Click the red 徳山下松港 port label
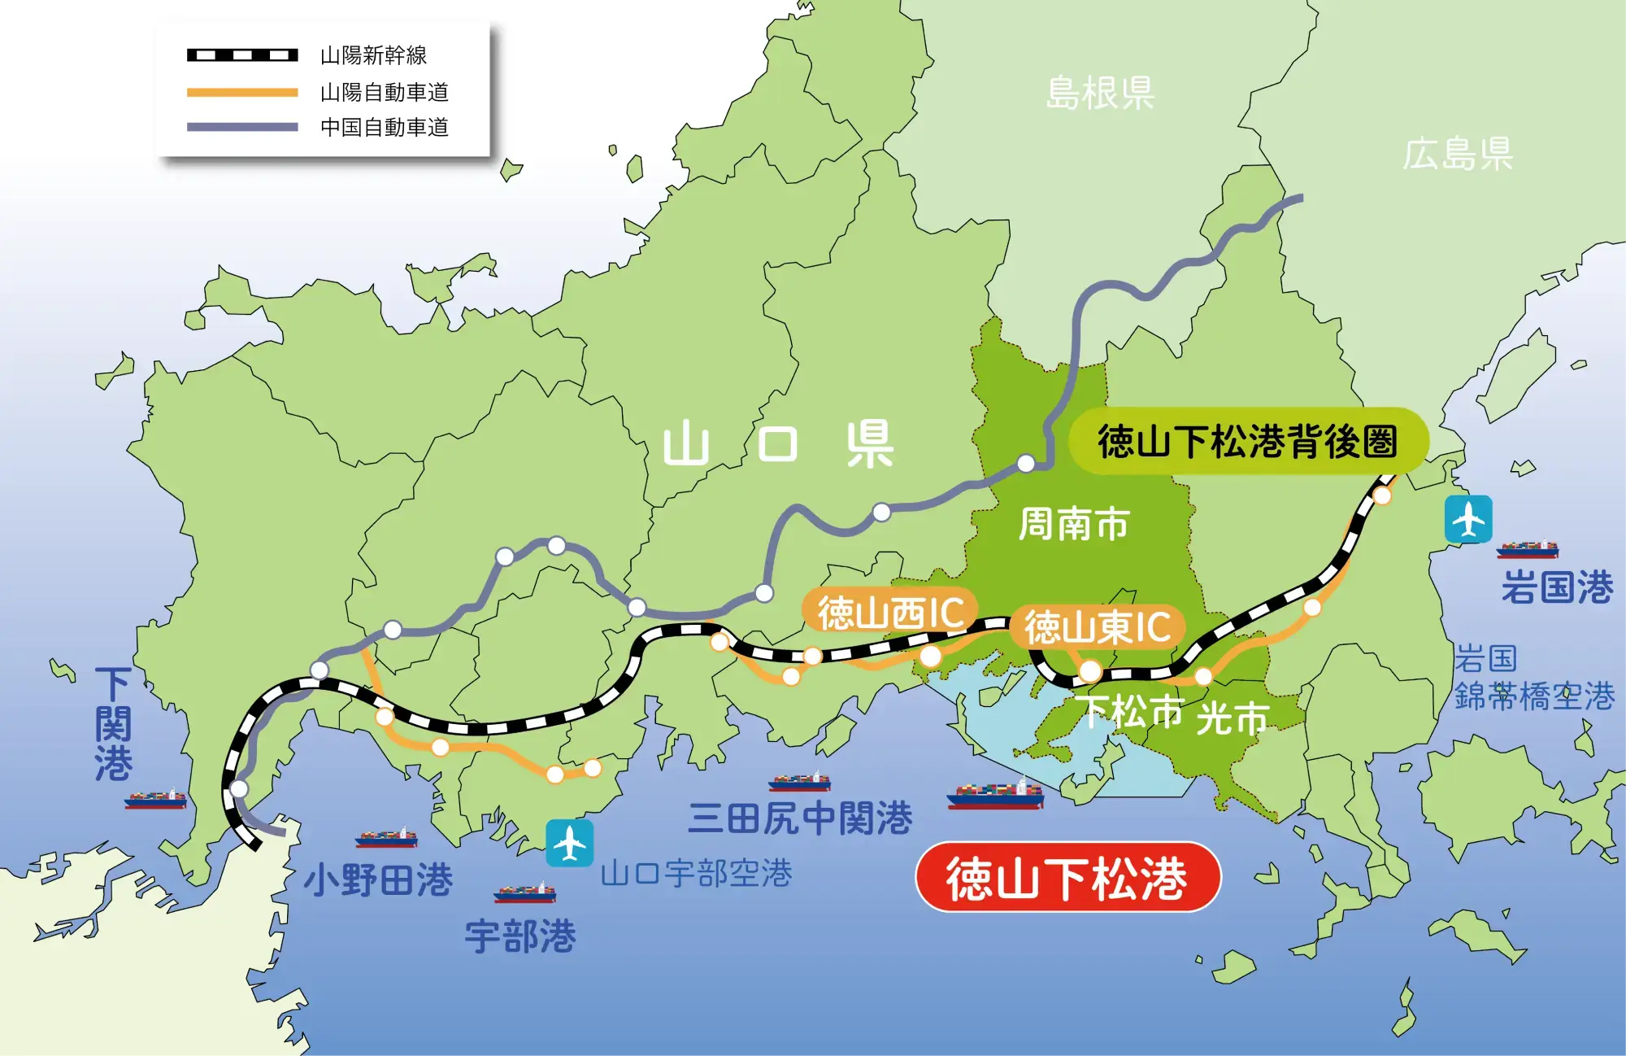pyautogui.click(x=1067, y=878)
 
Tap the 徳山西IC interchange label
pyautogui.click(x=890, y=613)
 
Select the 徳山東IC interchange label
pyautogui.click(x=1097, y=627)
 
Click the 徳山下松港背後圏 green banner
pyautogui.click(x=1247, y=442)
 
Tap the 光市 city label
pyautogui.click(x=1233, y=718)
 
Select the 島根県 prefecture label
pyautogui.click(x=1100, y=93)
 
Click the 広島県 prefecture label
pyautogui.click(x=1458, y=154)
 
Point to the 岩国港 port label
pyautogui.click(x=1557, y=587)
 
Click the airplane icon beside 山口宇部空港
pyautogui.click(x=569, y=843)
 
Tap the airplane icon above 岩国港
pyautogui.click(x=1468, y=519)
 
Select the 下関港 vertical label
pyautogui.click(x=113, y=724)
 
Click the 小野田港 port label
pyautogui.click(x=378, y=879)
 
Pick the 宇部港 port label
pyautogui.click(x=520, y=936)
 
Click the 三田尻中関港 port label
pyautogui.click(x=800, y=818)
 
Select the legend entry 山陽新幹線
pyautogui.click(x=373, y=55)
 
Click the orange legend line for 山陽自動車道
pyautogui.click(x=242, y=92)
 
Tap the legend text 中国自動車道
pyautogui.click(x=384, y=127)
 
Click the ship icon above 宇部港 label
pyautogui.click(x=524, y=893)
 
